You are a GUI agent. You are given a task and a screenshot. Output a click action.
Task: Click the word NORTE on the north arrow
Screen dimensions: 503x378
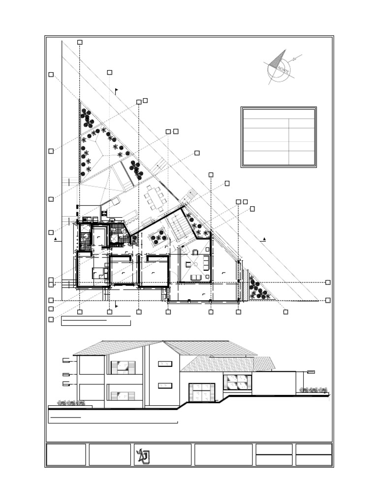tap(283, 69)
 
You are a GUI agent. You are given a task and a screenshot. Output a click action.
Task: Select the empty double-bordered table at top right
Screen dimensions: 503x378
tap(279, 137)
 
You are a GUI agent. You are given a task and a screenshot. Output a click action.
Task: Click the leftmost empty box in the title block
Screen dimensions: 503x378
tap(66, 454)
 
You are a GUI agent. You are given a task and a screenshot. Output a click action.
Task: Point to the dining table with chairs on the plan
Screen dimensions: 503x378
tap(155, 198)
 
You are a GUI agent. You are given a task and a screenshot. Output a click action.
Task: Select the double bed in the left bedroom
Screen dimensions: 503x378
tap(98, 273)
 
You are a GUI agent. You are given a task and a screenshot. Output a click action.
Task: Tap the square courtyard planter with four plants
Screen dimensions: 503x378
tap(159, 237)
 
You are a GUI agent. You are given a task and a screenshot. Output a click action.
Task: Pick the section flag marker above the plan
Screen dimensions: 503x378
tap(116, 90)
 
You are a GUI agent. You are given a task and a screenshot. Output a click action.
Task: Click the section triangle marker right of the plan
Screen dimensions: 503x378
tap(264, 239)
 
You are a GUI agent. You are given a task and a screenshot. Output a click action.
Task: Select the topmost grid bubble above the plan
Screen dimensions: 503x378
tap(80, 43)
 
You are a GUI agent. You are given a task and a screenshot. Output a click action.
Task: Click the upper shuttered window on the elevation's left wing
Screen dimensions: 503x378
tap(123, 367)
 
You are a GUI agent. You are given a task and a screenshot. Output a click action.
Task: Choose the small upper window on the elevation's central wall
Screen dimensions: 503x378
tap(165, 363)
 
